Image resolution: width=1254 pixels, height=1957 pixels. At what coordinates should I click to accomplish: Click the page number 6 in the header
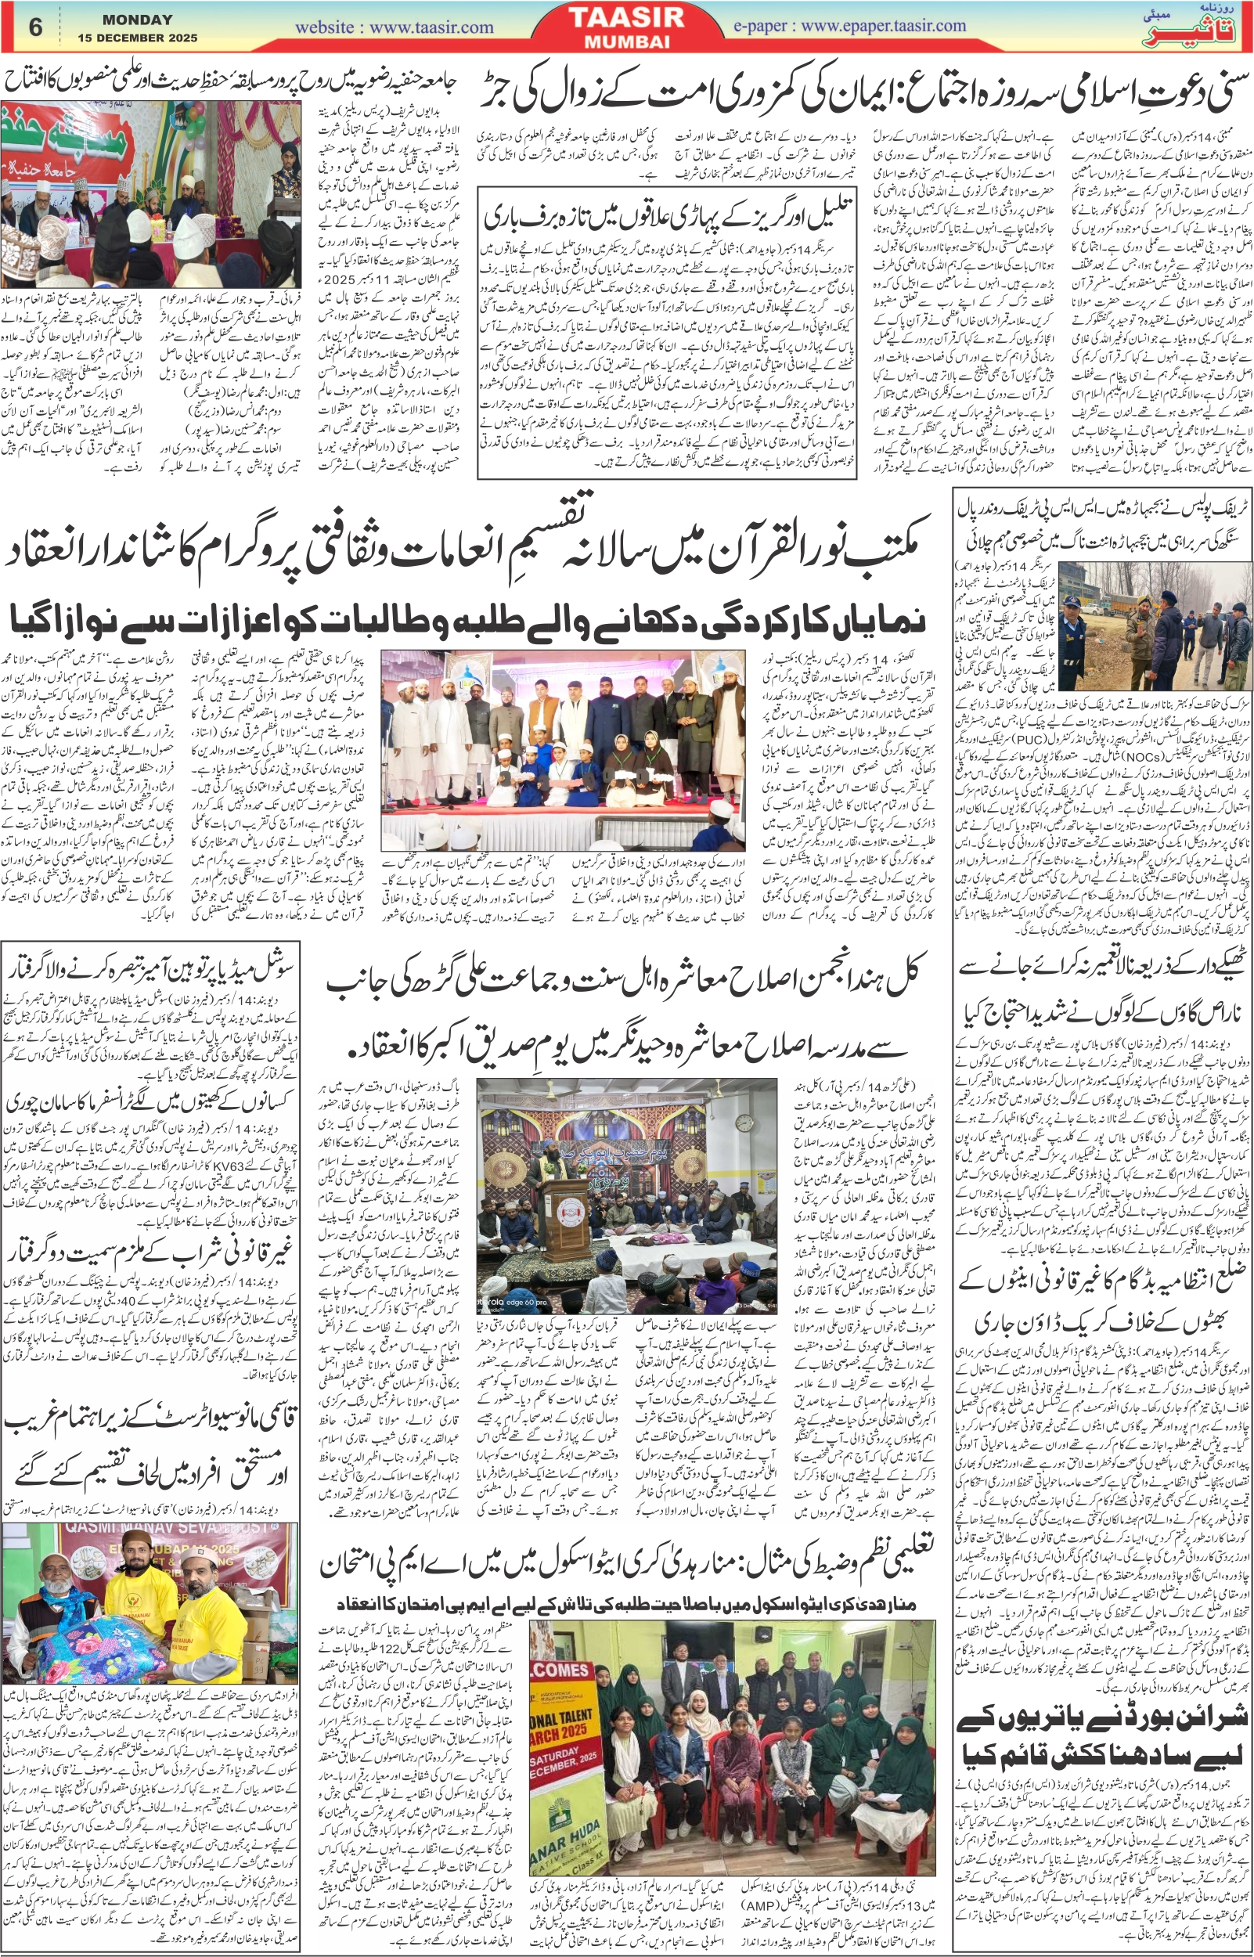(x=35, y=27)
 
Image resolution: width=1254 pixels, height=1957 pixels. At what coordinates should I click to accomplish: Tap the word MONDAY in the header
(x=138, y=20)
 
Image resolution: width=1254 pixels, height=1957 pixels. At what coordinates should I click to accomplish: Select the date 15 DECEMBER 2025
(x=138, y=38)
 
